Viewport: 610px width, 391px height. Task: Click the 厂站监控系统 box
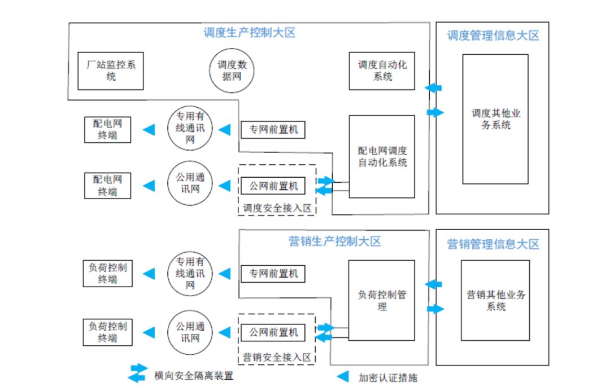(x=111, y=71)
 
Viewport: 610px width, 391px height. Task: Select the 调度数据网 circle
(x=232, y=71)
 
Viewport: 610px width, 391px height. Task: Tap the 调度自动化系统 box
(x=382, y=71)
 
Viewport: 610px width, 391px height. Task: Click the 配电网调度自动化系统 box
(x=382, y=157)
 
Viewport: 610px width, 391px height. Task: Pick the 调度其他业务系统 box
(x=495, y=119)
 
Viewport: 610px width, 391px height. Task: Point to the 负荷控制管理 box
(x=382, y=300)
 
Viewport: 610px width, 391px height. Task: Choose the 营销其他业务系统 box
(x=495, y=300)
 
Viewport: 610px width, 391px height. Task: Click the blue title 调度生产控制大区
(x=249, y=33)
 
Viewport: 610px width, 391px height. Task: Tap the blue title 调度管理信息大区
(x=493, y=35)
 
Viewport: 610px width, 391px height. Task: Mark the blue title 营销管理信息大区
(x=493, y=244)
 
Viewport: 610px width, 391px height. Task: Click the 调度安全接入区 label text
(x=277, y=208)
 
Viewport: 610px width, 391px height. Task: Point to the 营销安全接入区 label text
(x=277, y=357)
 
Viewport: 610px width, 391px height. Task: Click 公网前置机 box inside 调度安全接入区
(x=273, y=186)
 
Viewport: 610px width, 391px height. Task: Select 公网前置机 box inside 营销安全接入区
(x=273, y=332)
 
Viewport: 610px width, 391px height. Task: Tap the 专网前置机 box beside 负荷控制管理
(x=273, y=274)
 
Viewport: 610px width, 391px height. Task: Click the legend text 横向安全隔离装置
(x=193, y=376)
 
